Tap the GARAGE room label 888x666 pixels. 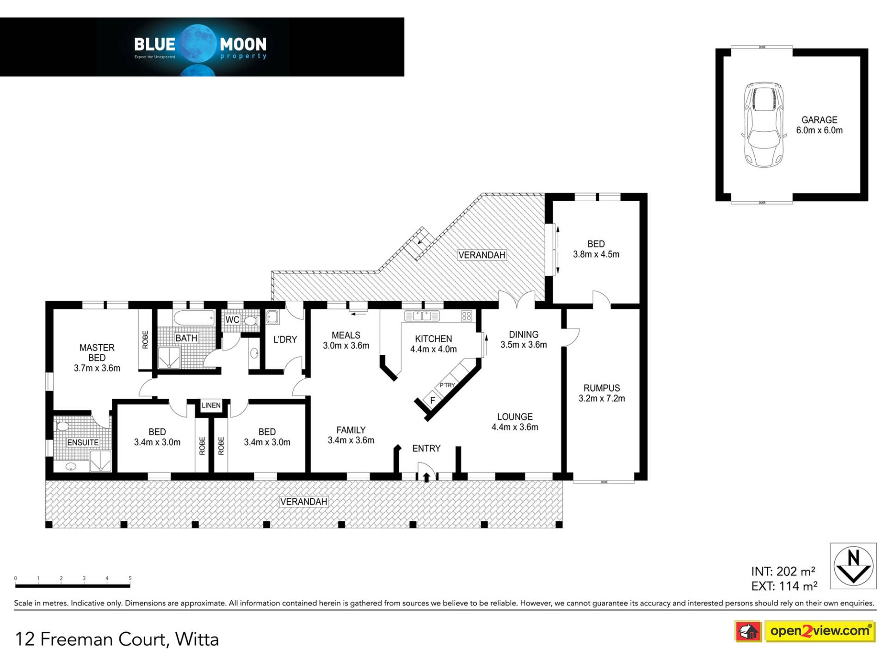pyautogui.click(x=819, y=120)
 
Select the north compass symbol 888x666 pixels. pyautogui.click(x=853, y=566)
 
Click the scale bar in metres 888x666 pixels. pyautogui.click(x=73, y=586)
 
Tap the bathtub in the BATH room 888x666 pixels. pyautogui.click(x=194, y=318)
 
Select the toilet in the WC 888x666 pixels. pyautogui.click(x=251, y=321)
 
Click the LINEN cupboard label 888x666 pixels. pyautogui.click(x=211, y=405)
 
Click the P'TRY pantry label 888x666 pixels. pyautogui.click(x=447, y=385)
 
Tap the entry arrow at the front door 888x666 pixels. pyautogui.click(x=426, y=476)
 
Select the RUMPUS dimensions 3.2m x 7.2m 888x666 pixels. pyautogui.click(x=602, y=399)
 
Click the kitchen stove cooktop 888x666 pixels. pyautogui.click(x=466, y=316)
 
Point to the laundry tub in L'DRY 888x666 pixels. pyautogui.click(x=272, y=317)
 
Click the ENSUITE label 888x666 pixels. pyautogui.click(x=83, y=443)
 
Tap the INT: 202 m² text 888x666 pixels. pyautogui.click(x=783, y=571)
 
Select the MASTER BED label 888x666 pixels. pyautogui.click(x=97, y=352)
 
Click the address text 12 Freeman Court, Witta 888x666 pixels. pyautogui.click(x=117, y=639)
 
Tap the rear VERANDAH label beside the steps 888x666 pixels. pyautogui.click(x=481, y=255)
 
